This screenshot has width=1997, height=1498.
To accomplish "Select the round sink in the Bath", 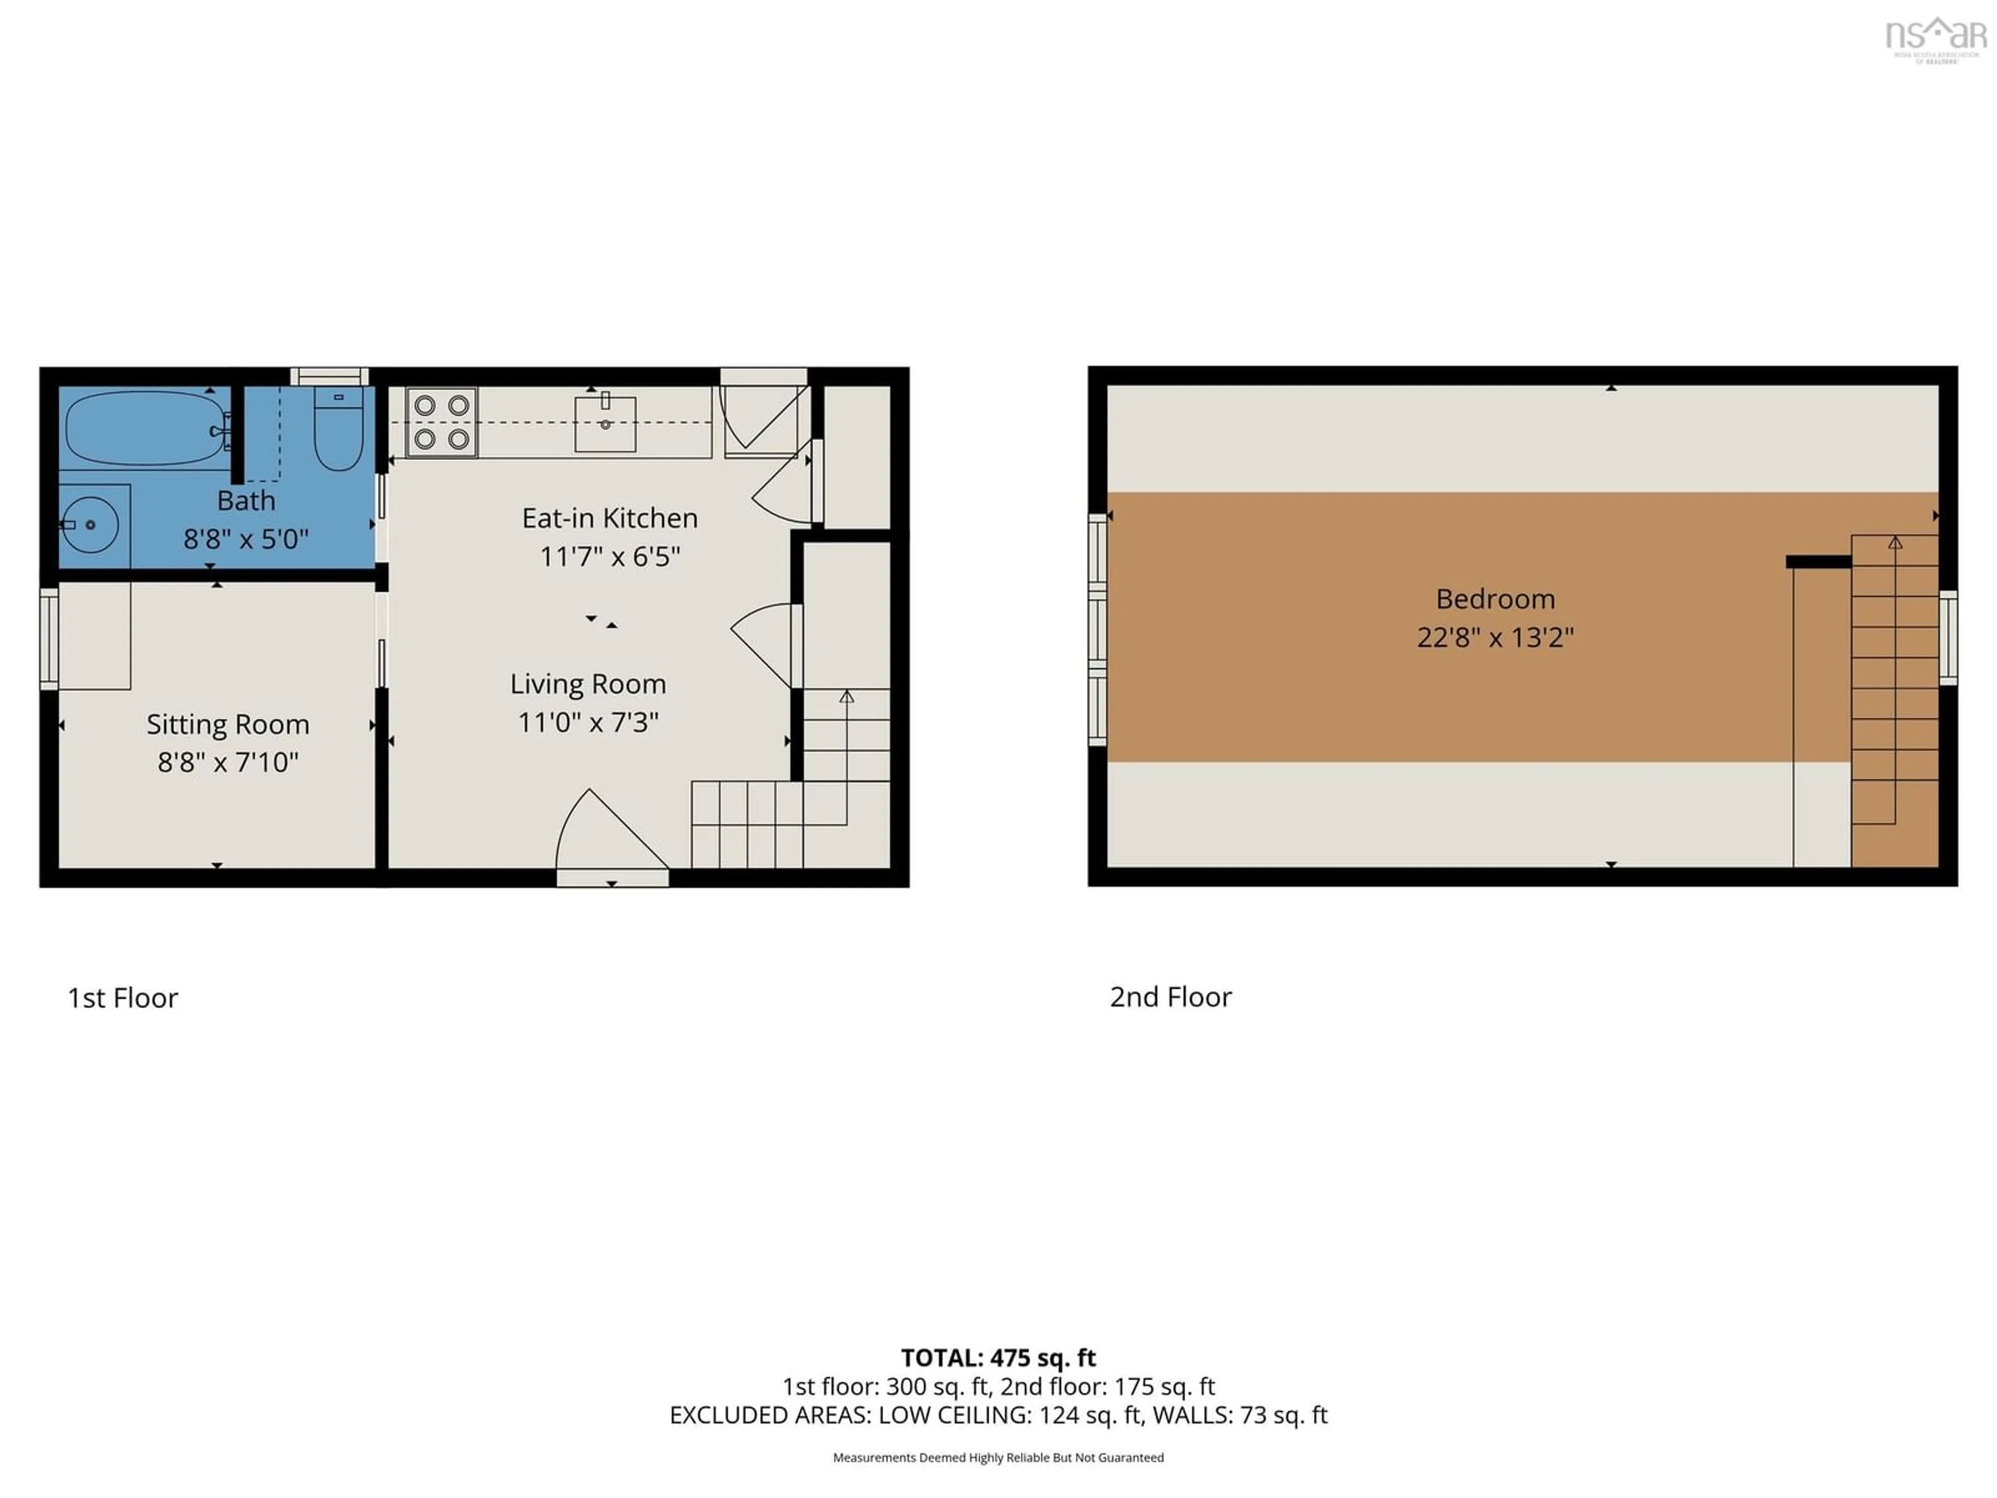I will (x=90, y=525).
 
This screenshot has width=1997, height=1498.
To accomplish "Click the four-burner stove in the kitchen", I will (x=442, y=422).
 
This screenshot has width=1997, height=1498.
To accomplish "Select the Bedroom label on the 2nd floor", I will (x=1495, y=599).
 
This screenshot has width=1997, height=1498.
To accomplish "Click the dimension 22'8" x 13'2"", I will (x=1495, y=638).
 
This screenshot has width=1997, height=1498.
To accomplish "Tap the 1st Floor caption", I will (x=123, y=998).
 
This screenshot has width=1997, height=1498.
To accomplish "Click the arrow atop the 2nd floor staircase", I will (x=1895, y=543).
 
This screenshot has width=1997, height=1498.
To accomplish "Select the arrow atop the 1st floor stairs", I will (x=846, y=697).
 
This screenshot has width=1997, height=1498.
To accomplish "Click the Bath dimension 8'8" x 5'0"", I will (x=245, y=539).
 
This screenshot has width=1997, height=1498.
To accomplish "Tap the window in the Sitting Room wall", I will (x=49, y=638).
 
